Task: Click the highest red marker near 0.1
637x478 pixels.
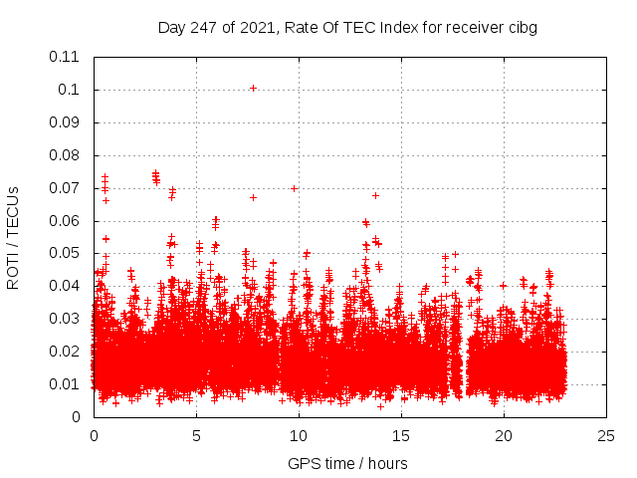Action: coord(253,88)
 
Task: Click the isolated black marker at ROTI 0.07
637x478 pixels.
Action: coord(294,188)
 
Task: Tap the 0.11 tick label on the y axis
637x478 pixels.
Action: coord(66,57)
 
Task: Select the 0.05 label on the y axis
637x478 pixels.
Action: coord(66,253)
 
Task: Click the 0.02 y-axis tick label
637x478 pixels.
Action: coord(66,352)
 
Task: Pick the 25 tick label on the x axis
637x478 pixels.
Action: coord(606,435)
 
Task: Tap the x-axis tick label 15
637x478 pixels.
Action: coord(401,435)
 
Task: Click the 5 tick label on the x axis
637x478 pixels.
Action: coord(196,435)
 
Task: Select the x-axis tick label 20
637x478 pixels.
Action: coord(504,435)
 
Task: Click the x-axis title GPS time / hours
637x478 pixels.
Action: coord(347,463)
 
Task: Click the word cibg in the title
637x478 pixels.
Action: coord(523,28)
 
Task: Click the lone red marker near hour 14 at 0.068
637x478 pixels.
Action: coord(375,195)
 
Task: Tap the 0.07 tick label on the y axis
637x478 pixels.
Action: coord(66,188)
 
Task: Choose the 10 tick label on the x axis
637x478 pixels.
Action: coord(299,435)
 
